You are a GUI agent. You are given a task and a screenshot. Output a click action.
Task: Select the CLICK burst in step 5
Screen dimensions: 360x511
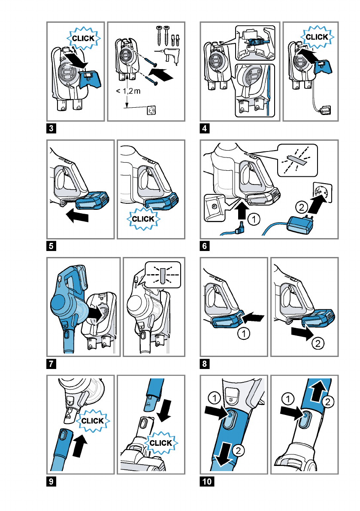pyautogui.click(x=145, y=219)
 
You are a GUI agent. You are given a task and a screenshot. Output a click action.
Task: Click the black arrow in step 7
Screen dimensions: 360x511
pyautogui.click(x=95, y=314)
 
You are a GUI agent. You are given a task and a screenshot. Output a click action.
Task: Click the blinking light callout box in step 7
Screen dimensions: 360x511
pyautogui.click(x=163, y=274)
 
